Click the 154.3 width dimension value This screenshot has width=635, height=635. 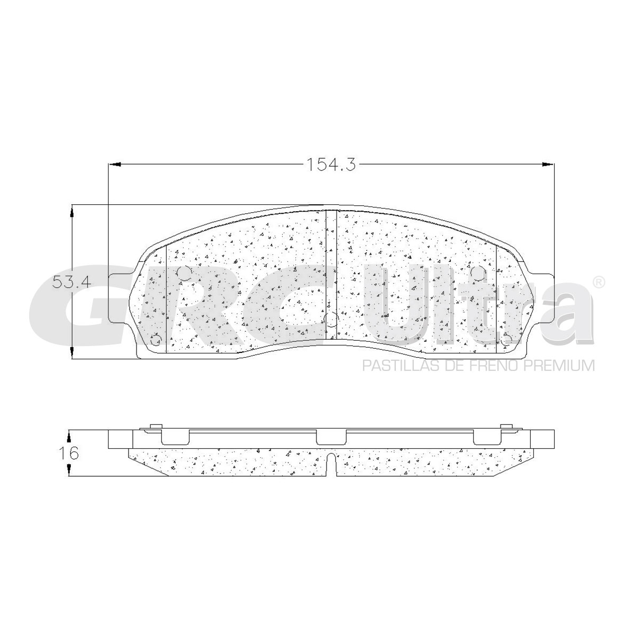[331, 164]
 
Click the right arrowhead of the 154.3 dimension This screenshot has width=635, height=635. [548, 164]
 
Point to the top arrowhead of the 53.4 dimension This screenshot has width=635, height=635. [72, 211]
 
